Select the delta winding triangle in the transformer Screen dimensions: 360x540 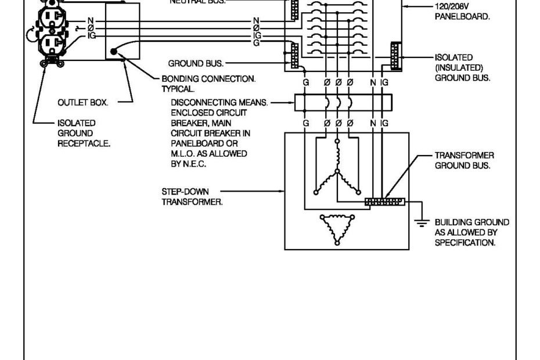(x=334, y=228)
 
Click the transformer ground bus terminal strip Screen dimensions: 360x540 (x=384, y=201)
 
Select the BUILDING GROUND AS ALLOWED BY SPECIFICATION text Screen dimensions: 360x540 (x=471, y=232)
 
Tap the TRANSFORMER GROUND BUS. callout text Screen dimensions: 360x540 (x=464, y=160)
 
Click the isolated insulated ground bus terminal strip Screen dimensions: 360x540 (x=396, y=56)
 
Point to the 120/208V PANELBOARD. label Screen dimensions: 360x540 (x=462, y=12)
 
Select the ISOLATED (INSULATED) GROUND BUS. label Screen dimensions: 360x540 (x=462, y=67)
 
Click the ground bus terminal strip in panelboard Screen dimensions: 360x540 (x=295, y=55)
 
